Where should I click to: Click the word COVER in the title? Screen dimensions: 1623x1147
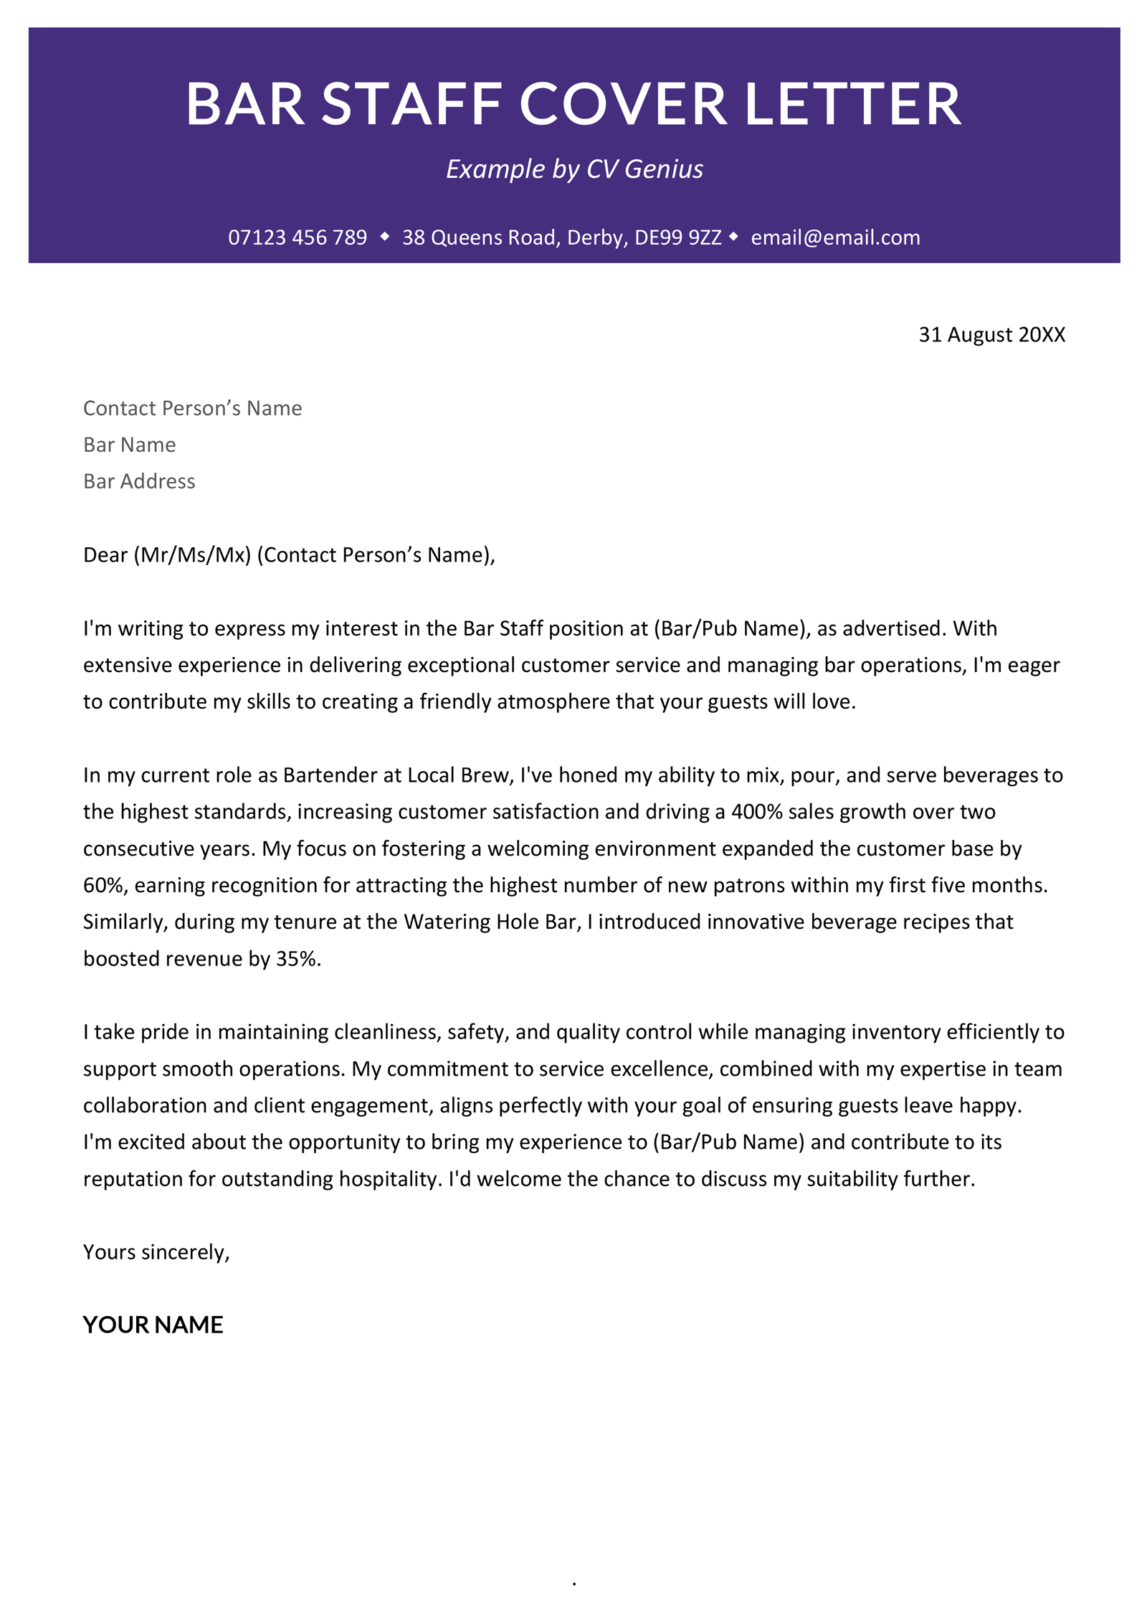click(622, 105)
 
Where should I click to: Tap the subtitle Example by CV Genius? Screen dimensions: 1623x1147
click(573, 169)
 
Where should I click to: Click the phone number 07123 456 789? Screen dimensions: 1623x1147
click(298, 237)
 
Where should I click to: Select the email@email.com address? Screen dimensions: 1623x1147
click(834, 237)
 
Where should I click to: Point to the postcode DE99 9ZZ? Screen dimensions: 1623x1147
click(677, 237)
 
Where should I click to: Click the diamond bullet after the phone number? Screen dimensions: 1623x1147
click(385, 237)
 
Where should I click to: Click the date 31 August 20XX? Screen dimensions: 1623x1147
click(991, 335)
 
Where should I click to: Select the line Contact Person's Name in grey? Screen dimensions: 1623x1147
click(192, 408)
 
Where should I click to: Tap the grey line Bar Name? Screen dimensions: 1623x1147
click(129, 445)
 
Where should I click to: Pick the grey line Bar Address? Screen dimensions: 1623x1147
click(139, 481)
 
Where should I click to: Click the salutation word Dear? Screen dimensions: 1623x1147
click(105, 555)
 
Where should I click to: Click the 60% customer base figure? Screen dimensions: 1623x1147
click(104, 885)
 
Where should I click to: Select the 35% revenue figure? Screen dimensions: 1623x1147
click(296, 959)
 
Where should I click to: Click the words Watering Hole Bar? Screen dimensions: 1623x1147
click(490, 922)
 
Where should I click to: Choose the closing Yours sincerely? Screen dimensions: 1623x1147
click(156, 1252)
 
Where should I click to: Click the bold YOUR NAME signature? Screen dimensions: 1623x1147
click(153, 1325)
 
